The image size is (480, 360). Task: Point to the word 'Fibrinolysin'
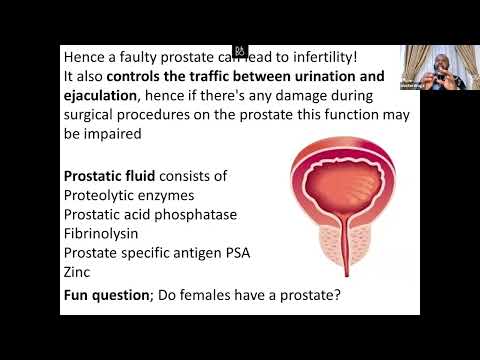[105, 233]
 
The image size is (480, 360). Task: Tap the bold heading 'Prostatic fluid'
[113, 176]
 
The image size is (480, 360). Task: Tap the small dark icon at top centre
[240, 50]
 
